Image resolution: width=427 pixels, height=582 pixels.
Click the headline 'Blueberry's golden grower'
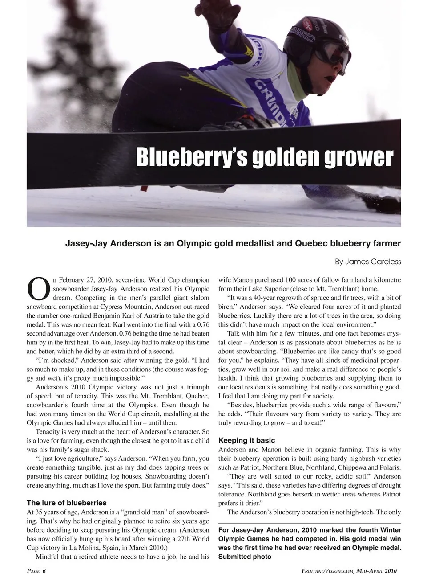265,157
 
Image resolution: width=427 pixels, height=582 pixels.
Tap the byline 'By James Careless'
368,262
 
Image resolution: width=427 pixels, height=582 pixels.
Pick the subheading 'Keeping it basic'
246,440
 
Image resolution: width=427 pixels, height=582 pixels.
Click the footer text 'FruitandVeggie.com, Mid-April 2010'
349,571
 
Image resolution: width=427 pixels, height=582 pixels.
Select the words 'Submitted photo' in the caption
245,557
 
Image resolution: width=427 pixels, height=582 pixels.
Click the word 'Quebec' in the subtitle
310,244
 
